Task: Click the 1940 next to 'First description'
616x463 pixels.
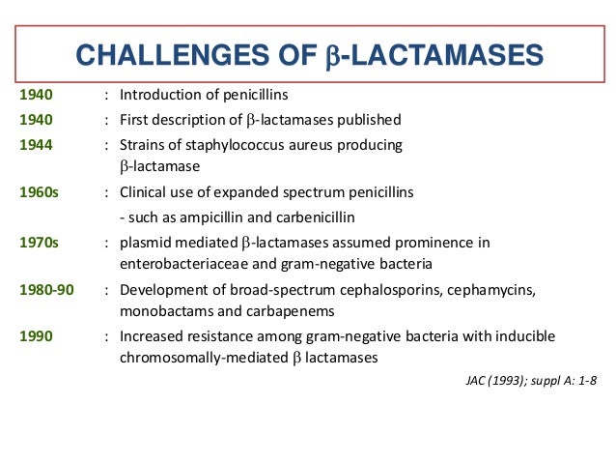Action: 37,120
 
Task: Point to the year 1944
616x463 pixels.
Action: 37,145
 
